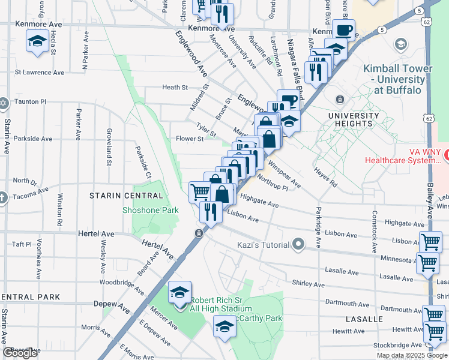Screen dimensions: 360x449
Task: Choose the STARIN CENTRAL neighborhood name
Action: point(126,196)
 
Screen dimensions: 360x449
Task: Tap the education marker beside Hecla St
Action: point(38,42)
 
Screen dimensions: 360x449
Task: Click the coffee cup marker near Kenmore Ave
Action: point(343,30)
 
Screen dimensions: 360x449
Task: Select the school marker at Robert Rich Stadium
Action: point(179,292)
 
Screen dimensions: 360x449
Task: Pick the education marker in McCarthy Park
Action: point(225,326)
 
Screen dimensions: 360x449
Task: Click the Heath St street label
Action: point(175,88)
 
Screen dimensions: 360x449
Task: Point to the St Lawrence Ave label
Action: point(40,73)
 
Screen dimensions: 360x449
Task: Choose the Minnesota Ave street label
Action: point(400,259)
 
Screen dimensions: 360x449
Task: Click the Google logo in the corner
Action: point(20,353)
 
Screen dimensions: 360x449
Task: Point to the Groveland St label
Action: point(109,146)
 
